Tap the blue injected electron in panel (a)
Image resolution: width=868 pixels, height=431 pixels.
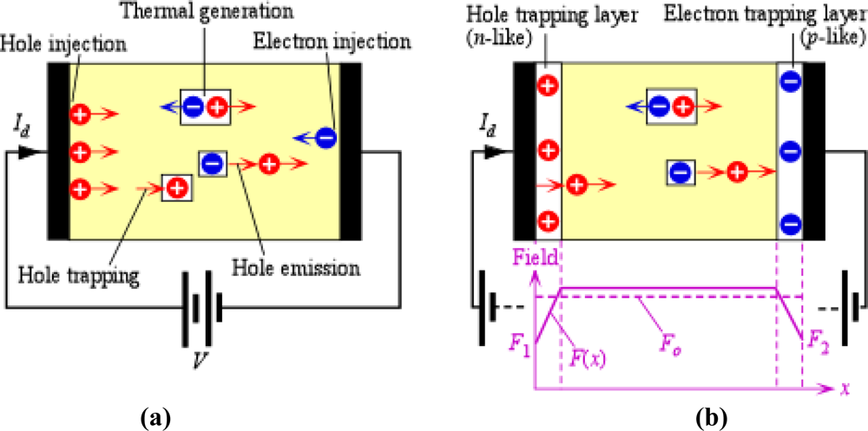tap(325, 136)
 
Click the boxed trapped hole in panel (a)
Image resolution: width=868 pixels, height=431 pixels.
tap(177, 186)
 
